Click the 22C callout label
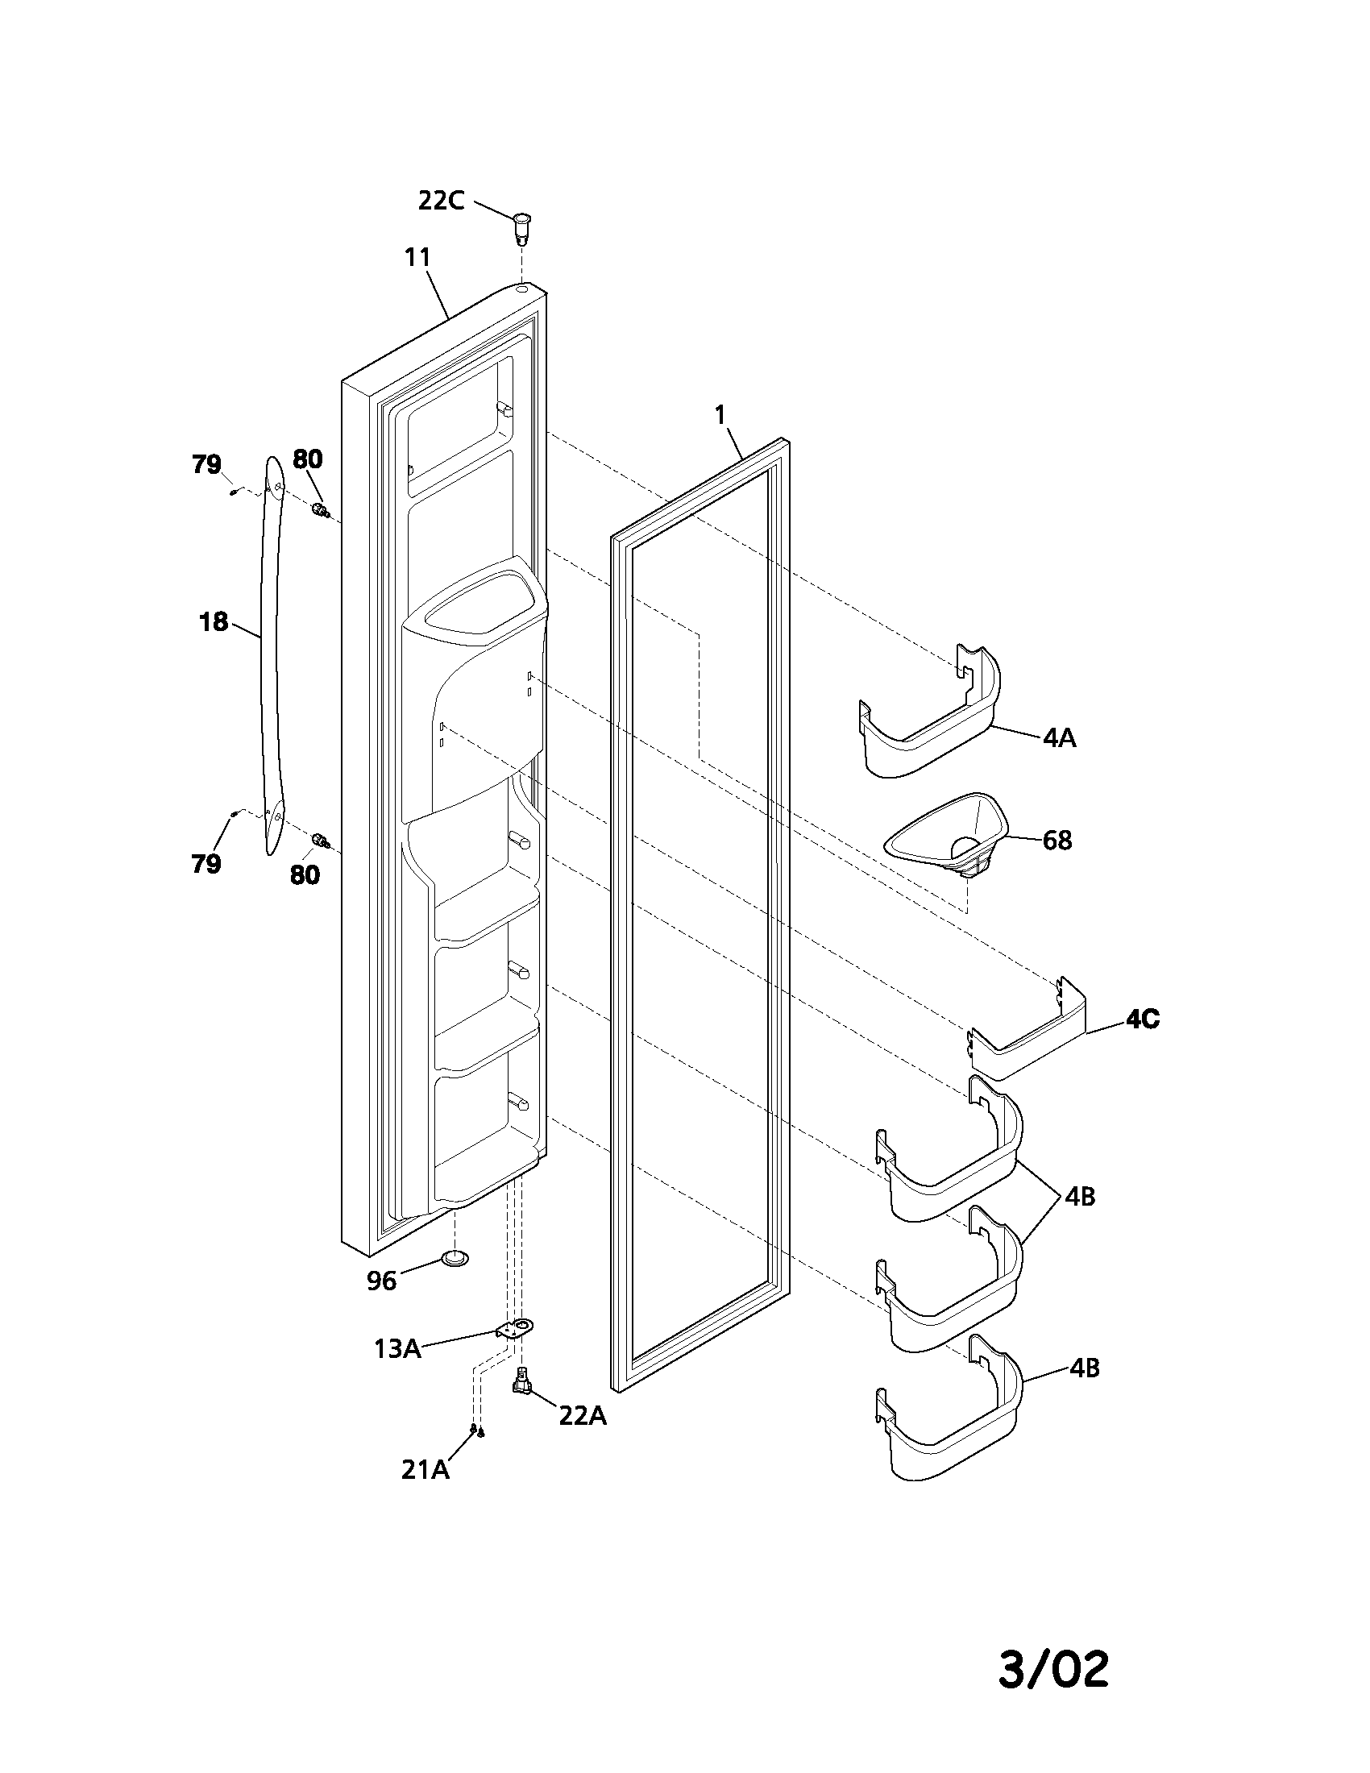point(441,201)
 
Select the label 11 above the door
point(417,257)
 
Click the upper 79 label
point(206,464)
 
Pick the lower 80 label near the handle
point(305,875)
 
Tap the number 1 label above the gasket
point(719,415)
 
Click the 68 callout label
point(1057,841)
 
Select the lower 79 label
point(206,864)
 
